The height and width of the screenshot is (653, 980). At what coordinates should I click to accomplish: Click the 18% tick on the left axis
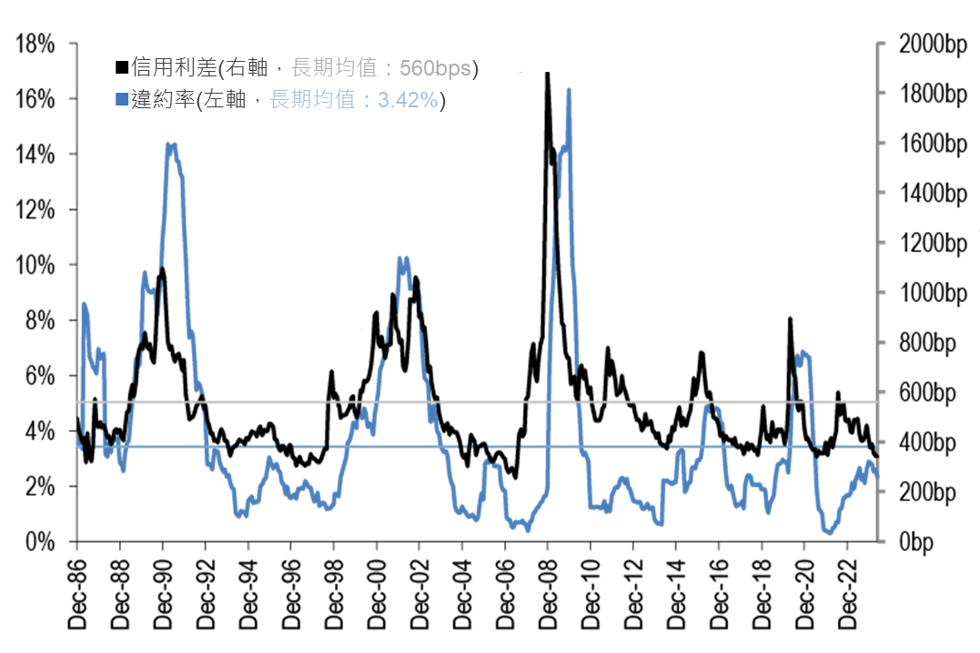pyautogui.click(x=39, y=44)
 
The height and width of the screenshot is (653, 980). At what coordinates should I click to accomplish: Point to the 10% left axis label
pyautogui.click(x=39, y=266)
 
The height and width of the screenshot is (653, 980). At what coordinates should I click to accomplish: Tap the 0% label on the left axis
pyautogui.click(x=45, y=543)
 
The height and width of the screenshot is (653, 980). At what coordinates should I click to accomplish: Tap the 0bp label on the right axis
pyautogui.click(x=943, y=543)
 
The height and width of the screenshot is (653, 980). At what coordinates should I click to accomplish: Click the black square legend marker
pyautogui.click(x=121, y=67)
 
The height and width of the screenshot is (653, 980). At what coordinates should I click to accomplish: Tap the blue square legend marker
pyautogui.click(x=121, y=100)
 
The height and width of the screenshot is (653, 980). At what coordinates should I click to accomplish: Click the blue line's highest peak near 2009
pyautogui.click(x=569, y=89)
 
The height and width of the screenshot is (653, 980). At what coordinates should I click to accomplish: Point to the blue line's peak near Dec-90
pyautogui.click(x=170, y=144)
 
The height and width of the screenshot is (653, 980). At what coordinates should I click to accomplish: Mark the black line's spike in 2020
pyautogui.click(x=790, y=319)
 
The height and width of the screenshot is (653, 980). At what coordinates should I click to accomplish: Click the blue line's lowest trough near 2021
pyautogui.click(x=829, y=533)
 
